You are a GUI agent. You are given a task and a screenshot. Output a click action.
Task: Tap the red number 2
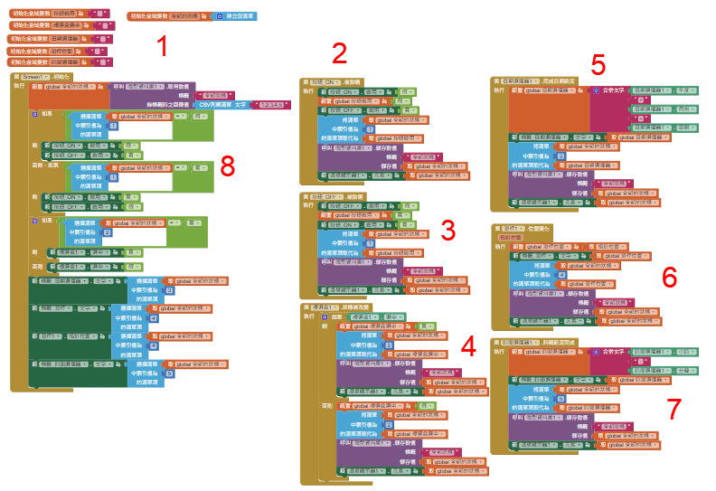(x=339, y=53)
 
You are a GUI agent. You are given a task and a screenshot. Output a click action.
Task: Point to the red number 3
(x=447, y=230)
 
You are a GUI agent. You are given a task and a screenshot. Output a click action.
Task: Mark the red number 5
(x=598, y=64)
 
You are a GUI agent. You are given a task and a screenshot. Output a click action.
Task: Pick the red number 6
(x=669, y=277)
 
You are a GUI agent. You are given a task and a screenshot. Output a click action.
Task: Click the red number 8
(x=227, y=165)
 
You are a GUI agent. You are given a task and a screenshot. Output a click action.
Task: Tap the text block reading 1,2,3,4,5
(x=269, y=105)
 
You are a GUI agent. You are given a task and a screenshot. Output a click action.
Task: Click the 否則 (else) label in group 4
(x=326, y=408)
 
